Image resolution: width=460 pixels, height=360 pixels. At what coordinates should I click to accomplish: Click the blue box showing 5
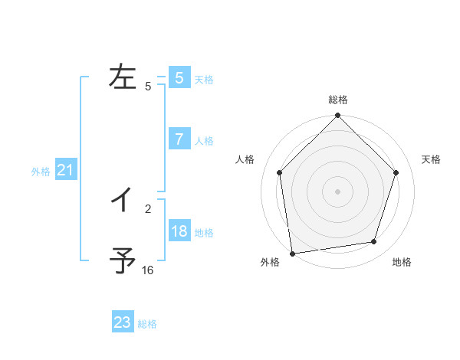click(x=179, y=78)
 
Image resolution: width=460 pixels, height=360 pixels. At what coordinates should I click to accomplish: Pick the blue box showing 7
click(x=179, y=139)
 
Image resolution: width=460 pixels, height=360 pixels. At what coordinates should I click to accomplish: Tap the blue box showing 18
click(x=179, y=231)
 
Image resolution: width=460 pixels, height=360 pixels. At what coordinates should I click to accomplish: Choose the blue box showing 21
click(x=66, y=171)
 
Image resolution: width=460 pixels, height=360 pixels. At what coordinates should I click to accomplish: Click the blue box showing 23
click(x=123, y=322)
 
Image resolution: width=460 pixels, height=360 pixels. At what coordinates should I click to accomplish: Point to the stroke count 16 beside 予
click(x=148, y=270)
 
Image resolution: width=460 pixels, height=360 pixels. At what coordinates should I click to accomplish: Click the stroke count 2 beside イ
click(x=148, y=208)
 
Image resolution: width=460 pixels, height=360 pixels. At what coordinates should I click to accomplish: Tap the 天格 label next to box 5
click(x=204, y=80)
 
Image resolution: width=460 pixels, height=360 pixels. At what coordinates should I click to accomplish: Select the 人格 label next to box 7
click(x=204, y=141)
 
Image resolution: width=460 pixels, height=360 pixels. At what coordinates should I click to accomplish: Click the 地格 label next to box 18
click(x=204, y=233)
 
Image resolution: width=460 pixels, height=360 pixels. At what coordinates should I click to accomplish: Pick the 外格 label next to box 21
click(x=41, y=172)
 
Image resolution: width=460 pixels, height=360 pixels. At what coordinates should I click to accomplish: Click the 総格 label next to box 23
click(x=147, y=324)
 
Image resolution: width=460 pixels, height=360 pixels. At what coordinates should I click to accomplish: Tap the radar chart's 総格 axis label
click(x=338, y=100)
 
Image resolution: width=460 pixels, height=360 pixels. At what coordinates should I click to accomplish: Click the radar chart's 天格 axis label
click(x=432, y=159)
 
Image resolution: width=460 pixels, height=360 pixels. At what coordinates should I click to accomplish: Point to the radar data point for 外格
click(x=292, y=253)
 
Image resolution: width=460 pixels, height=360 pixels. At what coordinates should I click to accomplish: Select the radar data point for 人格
click(x=280, y=172)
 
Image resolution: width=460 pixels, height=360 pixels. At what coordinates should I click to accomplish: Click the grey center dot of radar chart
click(x=338, y=191)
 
